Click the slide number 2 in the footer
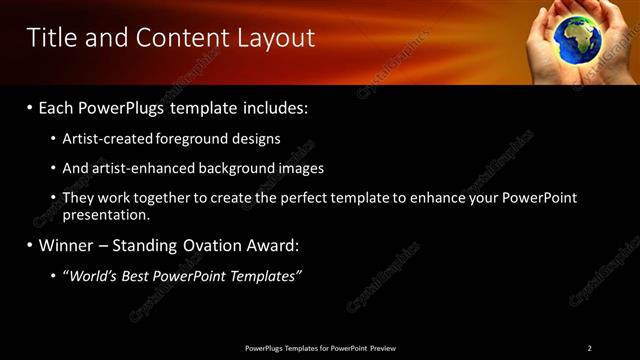tap(590, 348)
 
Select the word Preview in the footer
tap(382, 348)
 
